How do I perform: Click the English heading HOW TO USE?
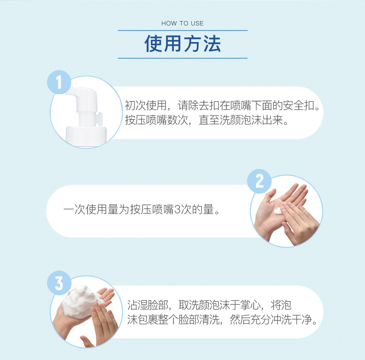[182, 23]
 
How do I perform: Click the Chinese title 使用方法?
[182, 44]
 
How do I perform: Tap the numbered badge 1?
[59, 82]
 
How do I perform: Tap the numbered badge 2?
[259, 181]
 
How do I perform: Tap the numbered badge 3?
[59, 283]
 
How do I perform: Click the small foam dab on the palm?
[278, 211]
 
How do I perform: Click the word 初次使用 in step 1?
[146, 105]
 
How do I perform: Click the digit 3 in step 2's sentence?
[177, 209]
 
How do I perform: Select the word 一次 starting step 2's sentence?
[74, 209]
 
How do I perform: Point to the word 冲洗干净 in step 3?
[291, 320]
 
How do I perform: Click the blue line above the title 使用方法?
[182, 31]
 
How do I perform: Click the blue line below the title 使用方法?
[182, 58]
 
